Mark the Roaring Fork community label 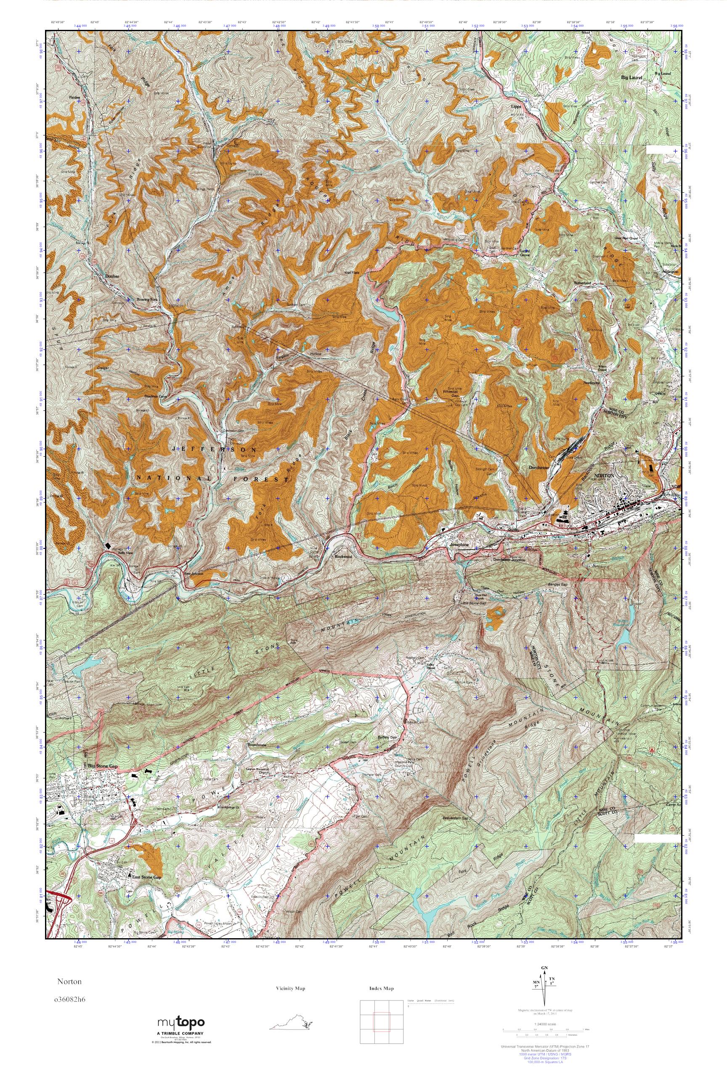coord(148,299)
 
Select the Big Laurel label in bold coord(632,78)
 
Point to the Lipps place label coord(516,106)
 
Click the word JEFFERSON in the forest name coord(214,450)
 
